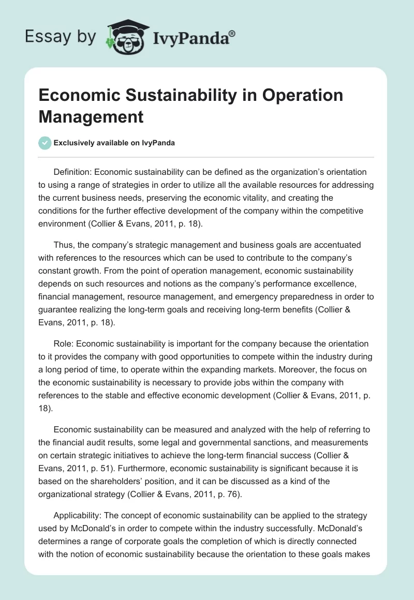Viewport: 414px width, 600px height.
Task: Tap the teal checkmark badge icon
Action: click(x=45, y=143)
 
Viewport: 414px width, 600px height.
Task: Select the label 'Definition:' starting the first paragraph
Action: click(x=73, y=172)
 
